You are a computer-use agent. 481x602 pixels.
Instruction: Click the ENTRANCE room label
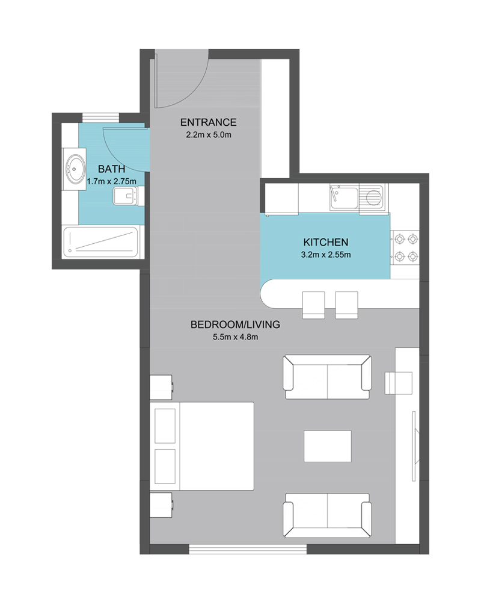click(x=208, y=122)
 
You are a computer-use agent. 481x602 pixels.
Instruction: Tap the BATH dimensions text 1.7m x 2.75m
click(x=111, y=181)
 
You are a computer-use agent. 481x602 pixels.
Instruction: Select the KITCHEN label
click(x=326, y=242)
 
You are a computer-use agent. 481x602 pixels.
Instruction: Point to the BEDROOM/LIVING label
click(x=235, y=324)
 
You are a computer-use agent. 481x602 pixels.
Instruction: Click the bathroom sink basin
click(x=76, y=169)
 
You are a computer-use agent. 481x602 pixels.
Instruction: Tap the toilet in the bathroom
click(x=129, y=196)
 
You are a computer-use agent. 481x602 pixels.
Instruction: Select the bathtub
click(x=100, y=242)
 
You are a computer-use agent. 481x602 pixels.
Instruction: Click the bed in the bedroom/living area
click(x=202, y=446)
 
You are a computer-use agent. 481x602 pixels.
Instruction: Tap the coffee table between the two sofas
click(x=328, y=446)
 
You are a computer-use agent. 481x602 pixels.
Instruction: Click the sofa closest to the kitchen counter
click(x=327, y=377)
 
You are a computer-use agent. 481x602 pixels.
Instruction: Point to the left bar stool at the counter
click(x=314, y=305)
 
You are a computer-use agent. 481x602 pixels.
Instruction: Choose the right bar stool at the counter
click(x=347, y=305)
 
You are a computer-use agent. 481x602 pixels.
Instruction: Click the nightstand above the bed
click(x=161, y=387)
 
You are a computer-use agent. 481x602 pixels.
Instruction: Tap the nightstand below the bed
click(x=161, y=505)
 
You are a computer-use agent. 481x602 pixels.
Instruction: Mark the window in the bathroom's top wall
click(x=101, y=117)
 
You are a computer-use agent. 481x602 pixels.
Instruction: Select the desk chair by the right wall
click(x=399, y=383)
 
